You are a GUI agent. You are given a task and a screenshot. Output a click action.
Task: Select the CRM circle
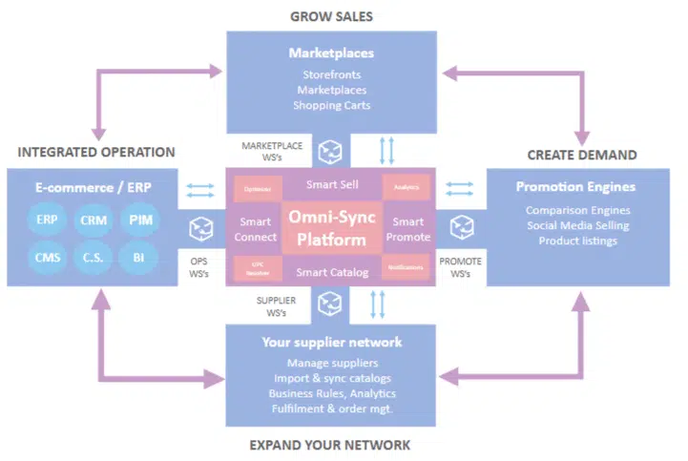(94, 220)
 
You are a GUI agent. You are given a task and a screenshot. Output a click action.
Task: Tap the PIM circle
(141, 220)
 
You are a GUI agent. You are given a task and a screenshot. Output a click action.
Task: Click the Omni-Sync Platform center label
(331, 228)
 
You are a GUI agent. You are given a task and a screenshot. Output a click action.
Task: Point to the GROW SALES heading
(331, 15)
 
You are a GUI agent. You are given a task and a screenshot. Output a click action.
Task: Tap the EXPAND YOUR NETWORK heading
(330, 445)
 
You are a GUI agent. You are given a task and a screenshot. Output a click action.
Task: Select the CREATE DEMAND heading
(582, 155)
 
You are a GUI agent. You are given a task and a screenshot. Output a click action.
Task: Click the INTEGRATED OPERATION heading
(95, 152)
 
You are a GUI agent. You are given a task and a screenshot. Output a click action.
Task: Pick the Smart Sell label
(331, 182)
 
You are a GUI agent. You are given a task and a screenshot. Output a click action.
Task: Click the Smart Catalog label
(331, 273)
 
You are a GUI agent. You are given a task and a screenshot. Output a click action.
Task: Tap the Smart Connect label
(256, 229)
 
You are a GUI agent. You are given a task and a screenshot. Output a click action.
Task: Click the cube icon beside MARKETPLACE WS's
(329, 151)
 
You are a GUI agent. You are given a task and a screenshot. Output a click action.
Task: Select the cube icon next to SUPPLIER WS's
(329, 303)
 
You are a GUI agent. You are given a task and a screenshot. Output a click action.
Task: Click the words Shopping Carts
(331, 105)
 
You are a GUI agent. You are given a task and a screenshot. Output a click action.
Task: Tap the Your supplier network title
(331, 342)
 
